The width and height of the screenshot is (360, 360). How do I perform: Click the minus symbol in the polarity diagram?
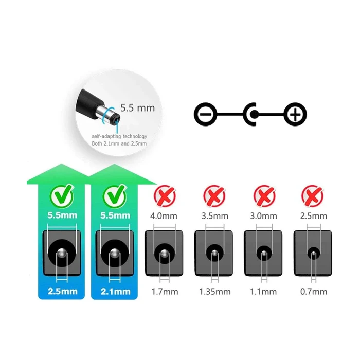tap(205, 114)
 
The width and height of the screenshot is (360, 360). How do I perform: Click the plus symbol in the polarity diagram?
tap(295, 114)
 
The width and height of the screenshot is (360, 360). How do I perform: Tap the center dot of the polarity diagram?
tap(254, 114)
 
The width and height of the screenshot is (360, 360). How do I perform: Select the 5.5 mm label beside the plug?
tap(137, 108)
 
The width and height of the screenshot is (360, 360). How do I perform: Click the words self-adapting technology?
tap(119, 136)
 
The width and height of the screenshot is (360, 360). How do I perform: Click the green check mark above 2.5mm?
tap(62, 197)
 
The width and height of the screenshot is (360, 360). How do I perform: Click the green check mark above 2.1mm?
tap(115, 197)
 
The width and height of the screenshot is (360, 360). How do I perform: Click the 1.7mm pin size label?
tap(165, 292)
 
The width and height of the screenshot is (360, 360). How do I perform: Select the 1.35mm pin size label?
tap(214, 292)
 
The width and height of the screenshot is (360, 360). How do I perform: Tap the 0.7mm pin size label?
tap(314, 292)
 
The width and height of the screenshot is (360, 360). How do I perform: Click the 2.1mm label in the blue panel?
tap(116, 292)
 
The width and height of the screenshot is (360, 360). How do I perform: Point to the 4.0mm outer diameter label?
tap(164, 216)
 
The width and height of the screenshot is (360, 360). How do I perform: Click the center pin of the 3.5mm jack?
tap(214, 253)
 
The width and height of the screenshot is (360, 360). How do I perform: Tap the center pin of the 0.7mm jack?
tap(314, 254)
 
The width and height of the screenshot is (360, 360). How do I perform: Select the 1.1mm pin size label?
tap(263, 292)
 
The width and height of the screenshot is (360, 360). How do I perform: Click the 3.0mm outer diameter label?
tap(263, 216)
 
